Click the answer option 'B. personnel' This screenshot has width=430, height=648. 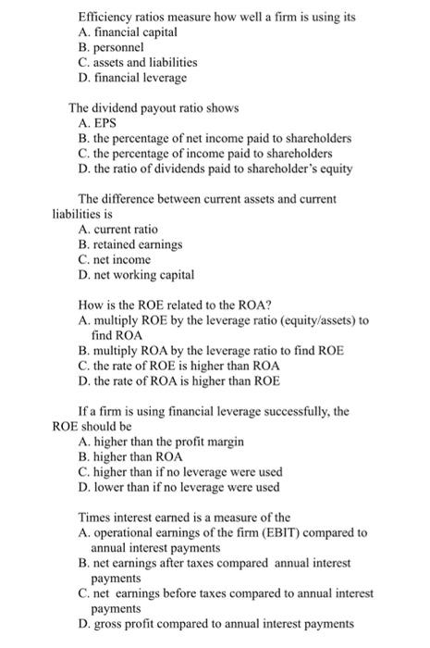(111, 46)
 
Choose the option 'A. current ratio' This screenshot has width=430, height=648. (118, 229)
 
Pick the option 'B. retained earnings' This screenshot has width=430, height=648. (130, 244)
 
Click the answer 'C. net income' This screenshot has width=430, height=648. (115, 260)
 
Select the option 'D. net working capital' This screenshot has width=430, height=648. (137, 275)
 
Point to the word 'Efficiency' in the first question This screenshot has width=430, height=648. (104, 18)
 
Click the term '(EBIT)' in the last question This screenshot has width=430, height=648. (274, 532)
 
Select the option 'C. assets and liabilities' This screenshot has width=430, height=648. (139, 62)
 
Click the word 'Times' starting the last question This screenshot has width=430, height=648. (94, 517)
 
